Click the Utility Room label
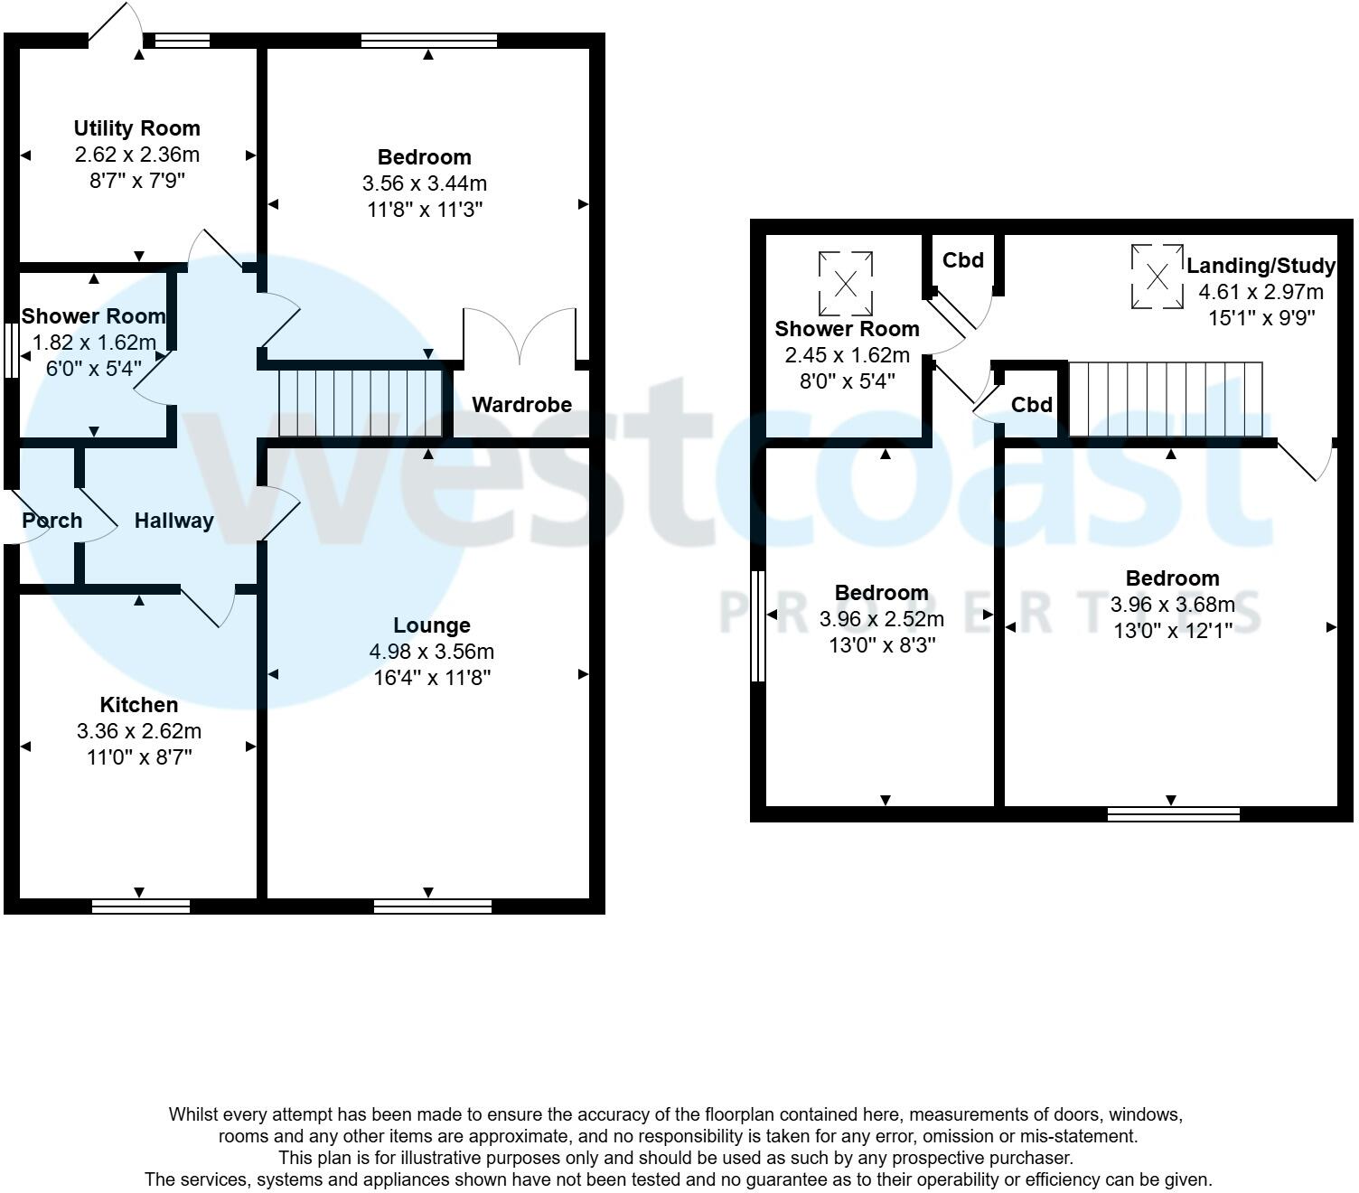coord(136,128)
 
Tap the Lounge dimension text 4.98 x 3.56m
coord(431,652)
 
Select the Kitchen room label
coord(138,705)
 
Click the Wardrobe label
coord(521,405)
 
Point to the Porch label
coord(52,521)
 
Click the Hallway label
coord(173,521)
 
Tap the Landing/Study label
coord(1261,266)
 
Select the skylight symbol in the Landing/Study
coord(1157,277)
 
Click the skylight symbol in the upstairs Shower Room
coord(846,283)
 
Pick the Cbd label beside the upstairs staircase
coord(1031,405)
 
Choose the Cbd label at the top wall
coord(962,260)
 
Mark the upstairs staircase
coord(1166,399)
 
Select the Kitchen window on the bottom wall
coord(141,906)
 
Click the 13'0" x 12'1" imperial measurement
coord(1172,631)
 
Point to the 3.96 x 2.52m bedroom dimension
coord(881,619)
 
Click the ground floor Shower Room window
coord(11,351)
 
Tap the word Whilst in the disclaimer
coord(194,1115)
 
